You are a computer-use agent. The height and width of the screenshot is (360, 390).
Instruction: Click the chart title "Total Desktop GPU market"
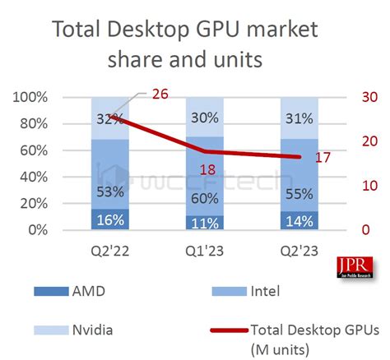coord(194,30)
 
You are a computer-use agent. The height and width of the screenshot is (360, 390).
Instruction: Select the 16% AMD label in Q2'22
coord(110,219)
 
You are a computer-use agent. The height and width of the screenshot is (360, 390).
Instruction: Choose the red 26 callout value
coord(160,94)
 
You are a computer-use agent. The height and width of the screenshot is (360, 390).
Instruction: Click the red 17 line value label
coord(323,156)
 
